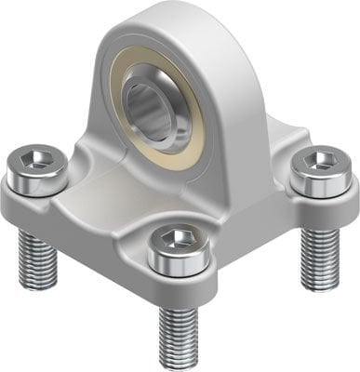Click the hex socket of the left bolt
[35, 163]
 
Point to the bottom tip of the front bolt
[177, 363]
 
